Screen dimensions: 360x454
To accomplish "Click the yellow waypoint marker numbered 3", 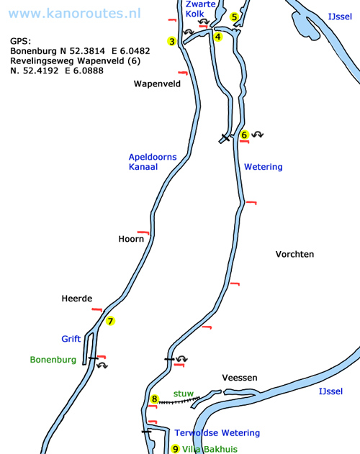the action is (172, 41).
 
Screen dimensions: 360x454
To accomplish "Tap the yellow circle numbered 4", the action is (217, 37).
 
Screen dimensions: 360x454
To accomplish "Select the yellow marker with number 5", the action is (234, 17).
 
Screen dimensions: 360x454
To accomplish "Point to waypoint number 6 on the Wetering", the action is (244, 135).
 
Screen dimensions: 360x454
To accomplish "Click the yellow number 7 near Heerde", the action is (110, 321).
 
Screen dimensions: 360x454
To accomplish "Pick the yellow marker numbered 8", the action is (155, 399).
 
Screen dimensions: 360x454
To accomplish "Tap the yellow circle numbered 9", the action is (176, 449).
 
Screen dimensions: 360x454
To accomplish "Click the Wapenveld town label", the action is (157, 83).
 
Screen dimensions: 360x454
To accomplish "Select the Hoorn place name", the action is (131, 239).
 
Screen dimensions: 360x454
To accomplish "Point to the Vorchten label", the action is (294, 254).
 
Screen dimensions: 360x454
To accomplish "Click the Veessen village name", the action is (240, 378).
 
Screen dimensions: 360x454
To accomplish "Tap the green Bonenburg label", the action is (53, 360).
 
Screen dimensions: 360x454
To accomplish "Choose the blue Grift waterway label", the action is (71, 338).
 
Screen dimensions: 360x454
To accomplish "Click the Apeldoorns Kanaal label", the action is (153, 162).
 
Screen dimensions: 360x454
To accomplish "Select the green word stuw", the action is (184, 394).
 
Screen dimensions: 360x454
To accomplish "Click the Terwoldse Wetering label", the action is (217, 433).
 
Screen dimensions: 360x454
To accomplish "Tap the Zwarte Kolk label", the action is (200, 9).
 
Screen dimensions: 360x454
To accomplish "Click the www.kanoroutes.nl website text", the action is (74, 14).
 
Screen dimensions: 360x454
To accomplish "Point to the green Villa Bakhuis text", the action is (210, 450).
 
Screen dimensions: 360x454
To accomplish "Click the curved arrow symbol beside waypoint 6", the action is (257, 135).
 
